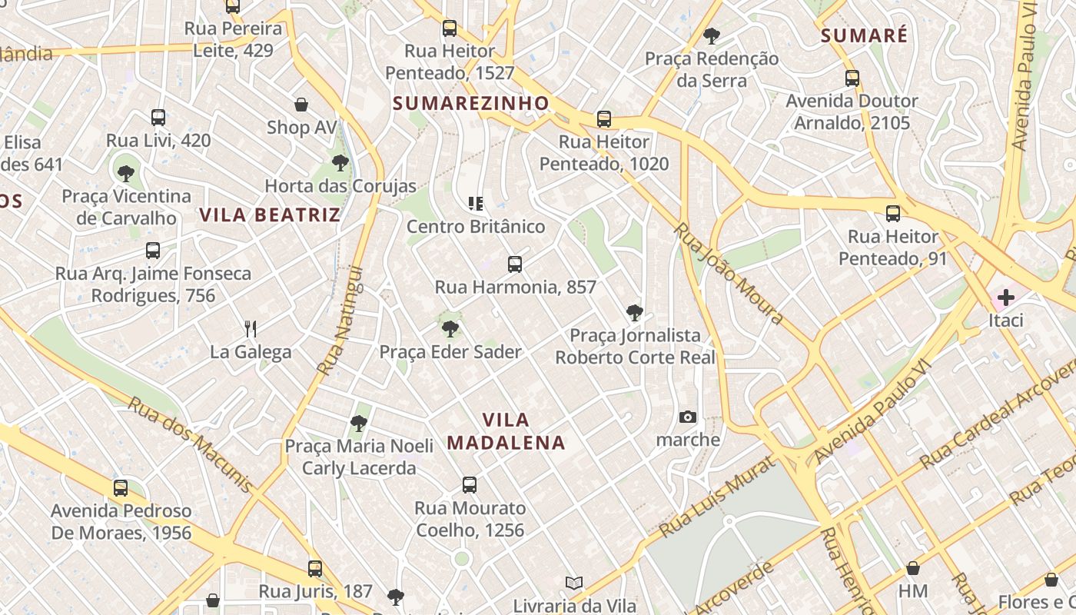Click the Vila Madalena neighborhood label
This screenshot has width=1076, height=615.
(x=506, y=431)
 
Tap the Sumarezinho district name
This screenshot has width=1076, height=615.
(x=471, y=103)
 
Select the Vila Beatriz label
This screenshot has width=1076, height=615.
(x=270, y=214)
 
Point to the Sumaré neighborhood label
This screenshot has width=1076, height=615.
(x=864, y=35)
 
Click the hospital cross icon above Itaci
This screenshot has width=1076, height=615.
(x=1005, y=298)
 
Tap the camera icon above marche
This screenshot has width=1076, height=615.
(x=688, y=417)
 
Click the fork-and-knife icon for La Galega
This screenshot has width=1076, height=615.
(x=251, y=329)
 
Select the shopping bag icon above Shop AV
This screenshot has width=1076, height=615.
(x=301, y=105)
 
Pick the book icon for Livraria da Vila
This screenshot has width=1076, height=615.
(x=574, y=583)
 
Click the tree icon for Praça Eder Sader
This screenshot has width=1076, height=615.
(x=450, y=329)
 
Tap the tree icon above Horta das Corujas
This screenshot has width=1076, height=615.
(x=340, y=163)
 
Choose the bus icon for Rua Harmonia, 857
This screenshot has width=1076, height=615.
(x=515, y=264)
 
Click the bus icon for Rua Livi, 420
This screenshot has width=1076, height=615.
(x=158, y=118)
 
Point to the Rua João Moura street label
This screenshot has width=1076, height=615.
(x=729, y=273)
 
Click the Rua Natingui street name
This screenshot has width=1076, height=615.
(x=340, y=321)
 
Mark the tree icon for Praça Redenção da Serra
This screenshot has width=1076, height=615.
(x=712, y=35)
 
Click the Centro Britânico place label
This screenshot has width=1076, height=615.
(x=476, y=227)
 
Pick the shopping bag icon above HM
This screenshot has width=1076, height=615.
(x=913, y=569)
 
